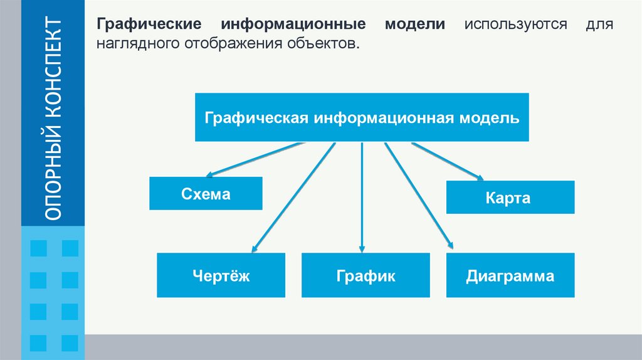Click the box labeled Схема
coord(206,194)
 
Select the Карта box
coord(510,198)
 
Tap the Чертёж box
coord(221,275)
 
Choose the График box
coord(366,275)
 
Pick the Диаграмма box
coord(510,275)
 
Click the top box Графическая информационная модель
coord(362,117)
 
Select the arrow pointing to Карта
coord(446,161)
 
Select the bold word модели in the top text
coord(416,25)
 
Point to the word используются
coord(515,25)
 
